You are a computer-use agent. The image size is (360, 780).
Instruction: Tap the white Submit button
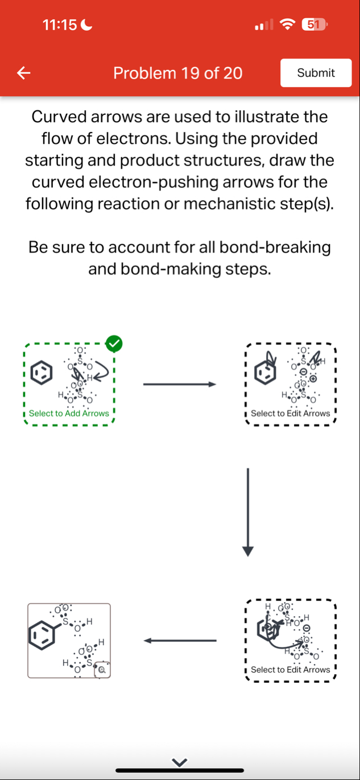316,73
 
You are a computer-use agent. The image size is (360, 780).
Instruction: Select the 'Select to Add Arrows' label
69,414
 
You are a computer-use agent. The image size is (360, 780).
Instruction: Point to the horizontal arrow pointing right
180,385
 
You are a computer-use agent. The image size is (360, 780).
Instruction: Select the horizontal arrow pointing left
180,641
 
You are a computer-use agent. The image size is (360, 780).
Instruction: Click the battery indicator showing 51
314,24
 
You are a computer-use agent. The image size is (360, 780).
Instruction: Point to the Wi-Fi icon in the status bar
289,25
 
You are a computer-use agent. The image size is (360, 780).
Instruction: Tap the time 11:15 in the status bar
61,25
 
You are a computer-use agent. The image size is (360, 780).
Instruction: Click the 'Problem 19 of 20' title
177,73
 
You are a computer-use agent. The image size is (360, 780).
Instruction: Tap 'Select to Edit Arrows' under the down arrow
290,670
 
